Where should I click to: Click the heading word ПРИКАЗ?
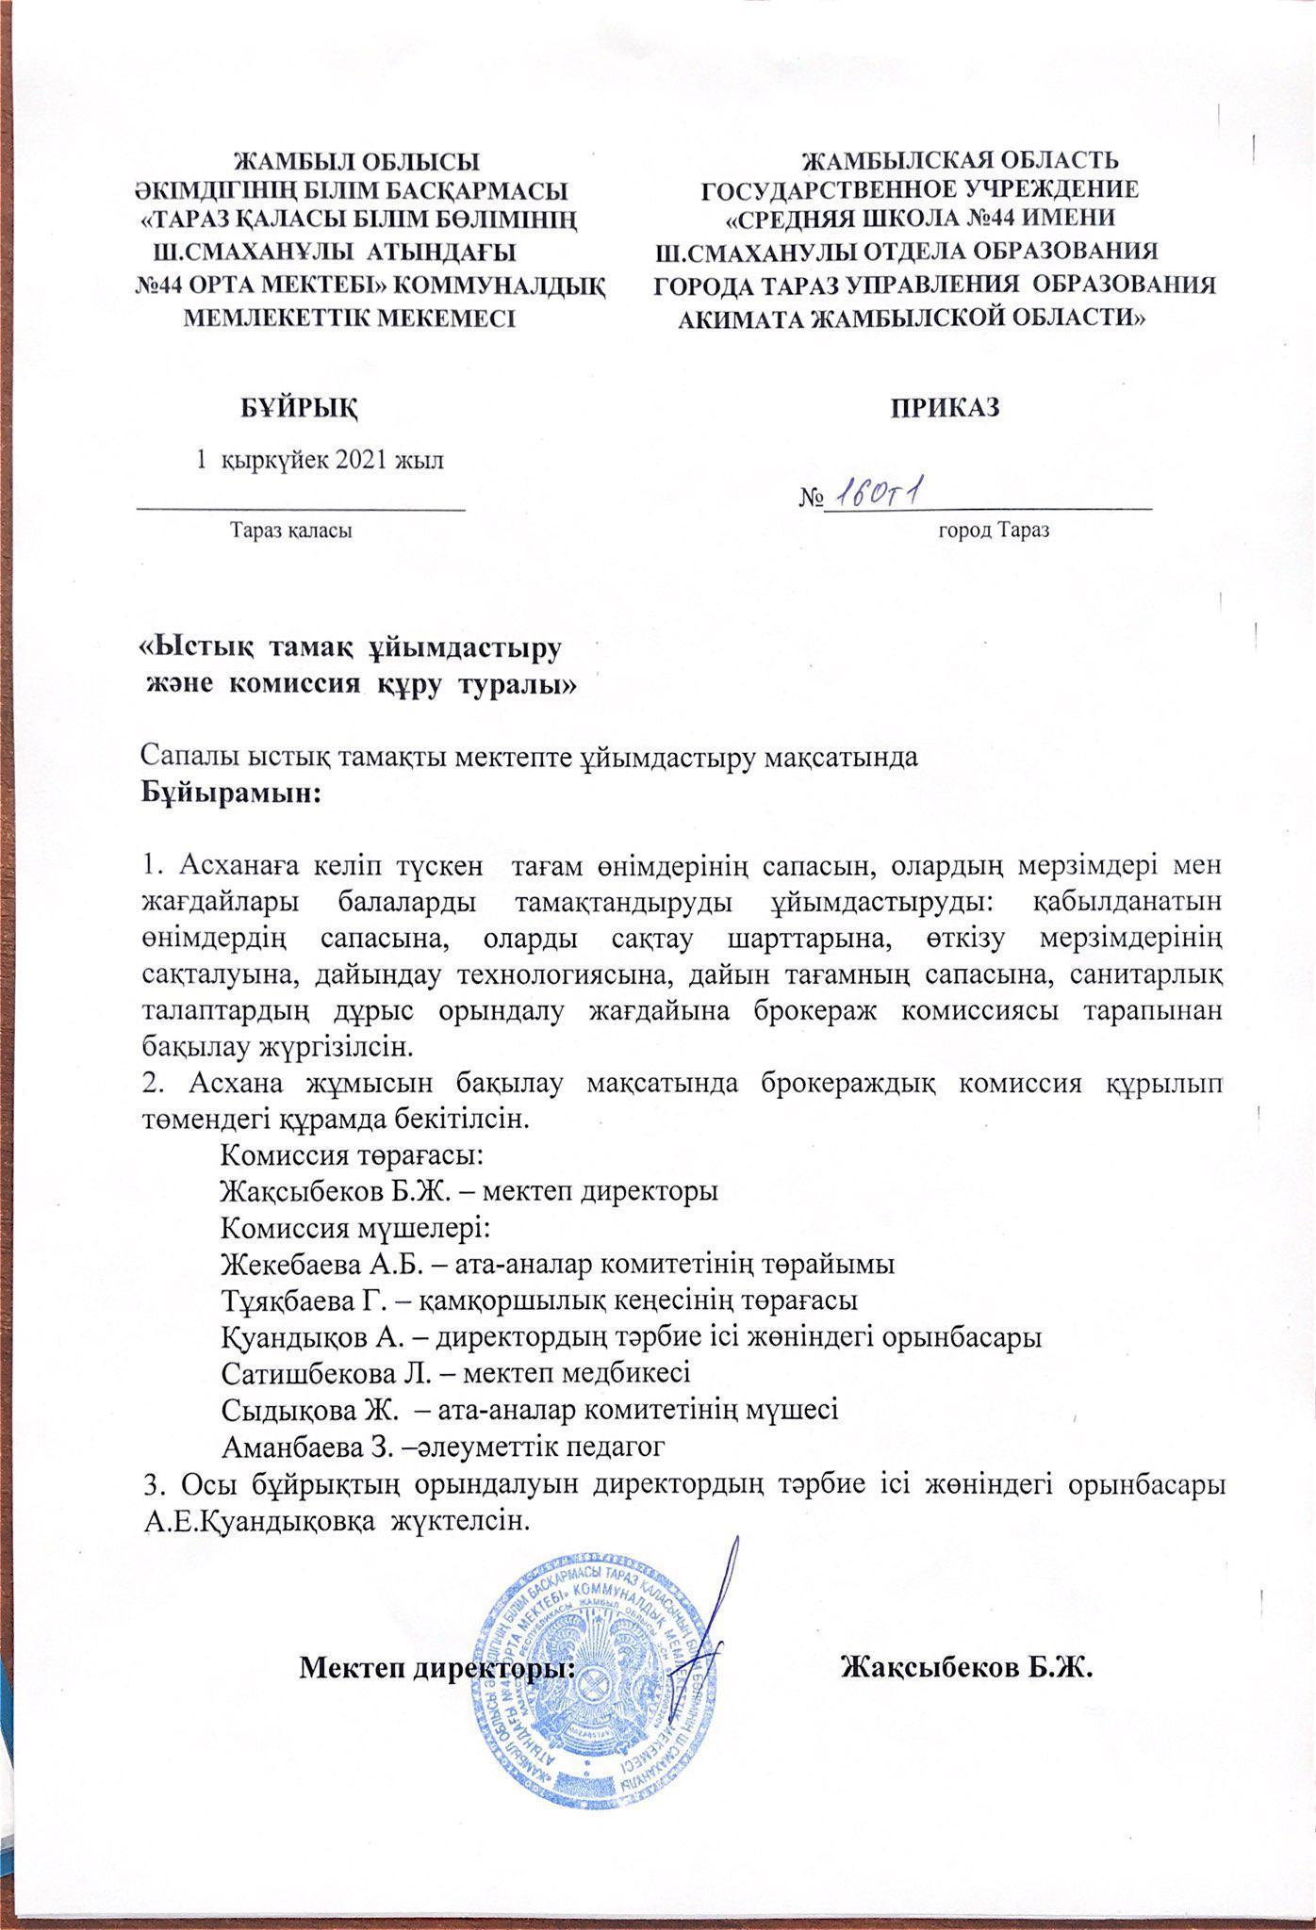(x=946, y=408)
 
